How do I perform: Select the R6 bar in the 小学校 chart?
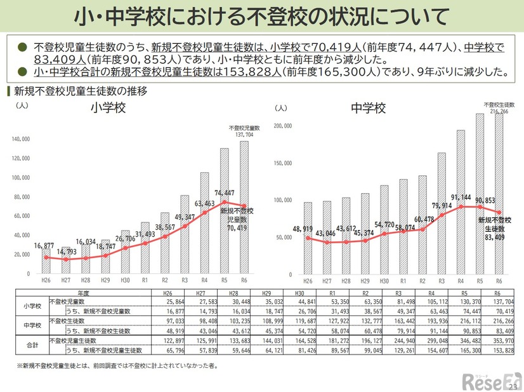[x=244, y=210]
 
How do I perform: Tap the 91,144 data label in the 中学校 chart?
[x=461, y=197]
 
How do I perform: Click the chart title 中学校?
[x=368, y=109]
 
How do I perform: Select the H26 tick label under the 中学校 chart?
[x=307, y=281]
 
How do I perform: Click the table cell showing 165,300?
[x=466, y=350]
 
